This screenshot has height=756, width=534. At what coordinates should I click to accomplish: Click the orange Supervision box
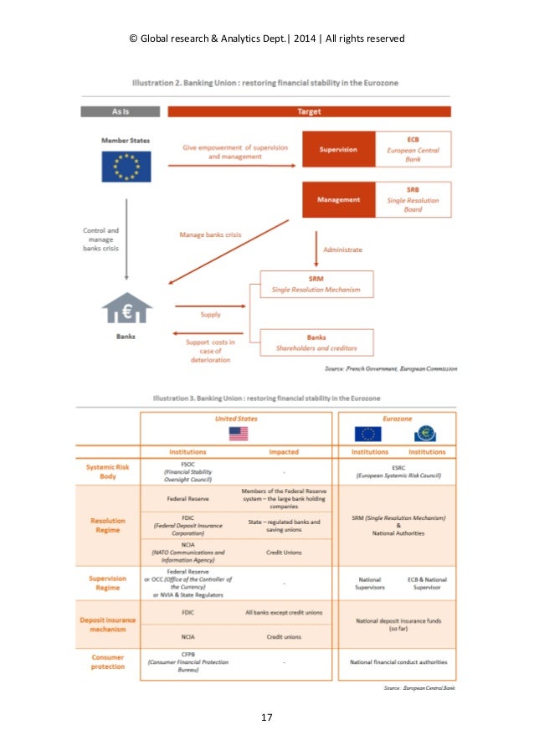(x=338, y=150)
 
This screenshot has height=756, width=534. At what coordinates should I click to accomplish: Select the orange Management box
(x=338, y=200)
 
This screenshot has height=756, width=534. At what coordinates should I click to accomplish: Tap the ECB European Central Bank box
(x=413, y=150)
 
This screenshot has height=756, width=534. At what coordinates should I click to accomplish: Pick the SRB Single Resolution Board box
(x=413, y=200)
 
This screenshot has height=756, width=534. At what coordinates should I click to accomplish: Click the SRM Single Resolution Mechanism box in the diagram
(x=316, y=285)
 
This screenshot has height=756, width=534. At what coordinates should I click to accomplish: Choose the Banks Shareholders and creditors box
(x=316, y=342)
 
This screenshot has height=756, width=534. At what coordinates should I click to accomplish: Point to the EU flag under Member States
(x=126, y=166)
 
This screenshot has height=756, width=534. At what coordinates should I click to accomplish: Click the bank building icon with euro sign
(x=126, y=310)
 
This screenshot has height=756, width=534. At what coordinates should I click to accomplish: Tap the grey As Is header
(x=120, y=111)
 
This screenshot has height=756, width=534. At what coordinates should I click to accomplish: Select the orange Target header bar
(x=309, y=111)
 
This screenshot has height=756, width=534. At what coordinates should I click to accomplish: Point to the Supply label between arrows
(x=211, y=315)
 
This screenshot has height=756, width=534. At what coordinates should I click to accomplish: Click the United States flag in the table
(x=239, y=434)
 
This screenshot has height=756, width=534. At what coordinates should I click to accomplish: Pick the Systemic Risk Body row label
(x=107, y=471)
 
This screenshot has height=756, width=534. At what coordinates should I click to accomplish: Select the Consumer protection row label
(x=107, y=661)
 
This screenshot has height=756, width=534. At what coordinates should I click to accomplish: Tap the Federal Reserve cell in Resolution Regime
(x=187, y=498)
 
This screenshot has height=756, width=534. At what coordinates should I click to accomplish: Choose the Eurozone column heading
(x=397, y=418)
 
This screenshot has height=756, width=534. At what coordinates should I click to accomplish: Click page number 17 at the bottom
(x=267, y=717)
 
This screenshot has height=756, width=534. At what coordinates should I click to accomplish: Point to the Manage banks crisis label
(x=210, y=235)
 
